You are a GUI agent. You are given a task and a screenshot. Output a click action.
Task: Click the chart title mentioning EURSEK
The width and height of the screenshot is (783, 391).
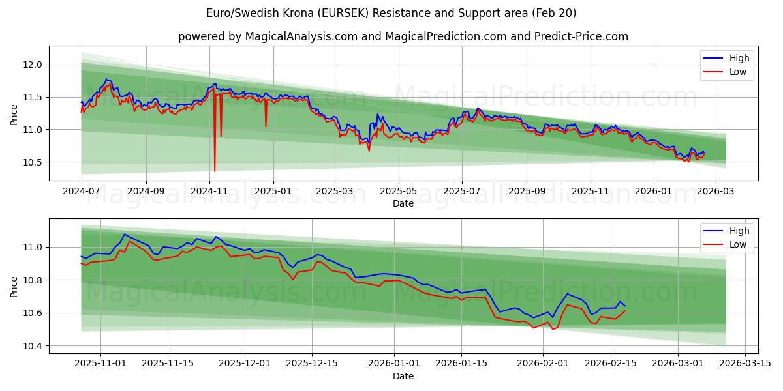(391, 13)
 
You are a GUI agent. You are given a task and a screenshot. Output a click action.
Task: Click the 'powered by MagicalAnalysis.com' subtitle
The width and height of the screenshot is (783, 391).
(403, 36)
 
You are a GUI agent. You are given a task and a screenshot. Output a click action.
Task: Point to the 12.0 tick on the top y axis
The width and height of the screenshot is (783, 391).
(33, 65)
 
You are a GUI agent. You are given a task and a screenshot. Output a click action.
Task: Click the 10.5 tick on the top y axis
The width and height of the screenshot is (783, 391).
(33, 162)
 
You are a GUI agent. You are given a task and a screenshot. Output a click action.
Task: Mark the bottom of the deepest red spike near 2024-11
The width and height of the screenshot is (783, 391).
(215, 171)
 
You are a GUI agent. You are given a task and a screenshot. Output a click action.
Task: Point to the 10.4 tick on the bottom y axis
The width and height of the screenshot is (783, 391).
(33, 346)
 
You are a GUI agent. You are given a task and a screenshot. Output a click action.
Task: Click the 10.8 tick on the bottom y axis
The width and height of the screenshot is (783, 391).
(33, 280)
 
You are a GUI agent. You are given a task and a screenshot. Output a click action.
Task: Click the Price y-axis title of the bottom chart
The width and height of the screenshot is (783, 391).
(14, 285)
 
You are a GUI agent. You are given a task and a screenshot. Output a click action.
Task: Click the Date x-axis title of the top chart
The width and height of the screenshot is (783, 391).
(403, 203)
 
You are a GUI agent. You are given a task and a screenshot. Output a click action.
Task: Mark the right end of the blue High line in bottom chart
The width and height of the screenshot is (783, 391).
(625, 306)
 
